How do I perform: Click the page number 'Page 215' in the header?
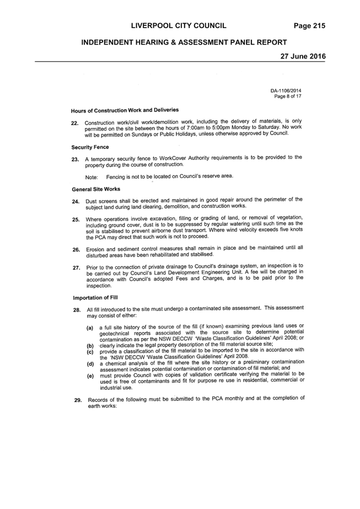(x=309, y=26)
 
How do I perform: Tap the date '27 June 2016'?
(x=303, y=56)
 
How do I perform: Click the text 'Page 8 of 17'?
(x=288, y=97)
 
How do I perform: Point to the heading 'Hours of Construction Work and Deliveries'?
(x=125, y=110)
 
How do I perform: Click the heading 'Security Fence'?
(x=90, y=147)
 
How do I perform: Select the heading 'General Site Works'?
(x=96, y=189)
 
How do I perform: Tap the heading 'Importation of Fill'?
(x=95, y=298)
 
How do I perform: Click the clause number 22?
(x=75, y=123)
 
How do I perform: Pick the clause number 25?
(x=76, y=220)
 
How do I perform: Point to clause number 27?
(x=77, y=268)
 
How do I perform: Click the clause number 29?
(x=78, y=400)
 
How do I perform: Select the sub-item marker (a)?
(x=90, y=328)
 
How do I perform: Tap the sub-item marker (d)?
(x=90, y=364)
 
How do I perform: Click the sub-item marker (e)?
(x=90, y=376)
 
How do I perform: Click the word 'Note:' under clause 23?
(x=92, y=178)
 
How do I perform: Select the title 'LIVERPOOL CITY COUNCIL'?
(x=179, y=26)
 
